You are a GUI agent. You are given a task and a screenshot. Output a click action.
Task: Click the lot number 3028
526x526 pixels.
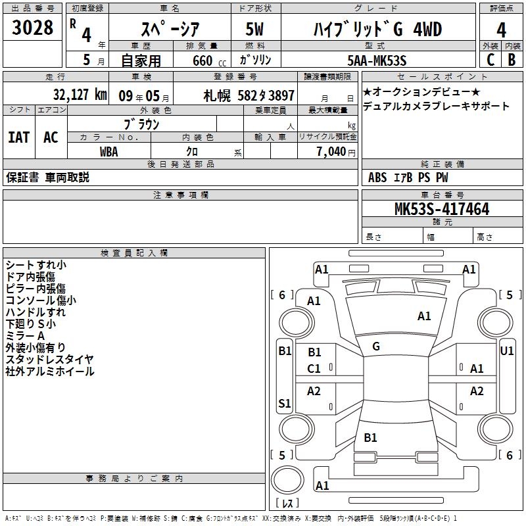click(x=32, y=27)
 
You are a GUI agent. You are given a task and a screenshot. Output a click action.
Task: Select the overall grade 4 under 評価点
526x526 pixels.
click(x=501, y=30)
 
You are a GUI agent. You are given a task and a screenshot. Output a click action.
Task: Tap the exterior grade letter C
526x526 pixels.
click(x=490, y=60)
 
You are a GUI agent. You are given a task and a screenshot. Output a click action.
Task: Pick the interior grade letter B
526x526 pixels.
click(x=512, y=60)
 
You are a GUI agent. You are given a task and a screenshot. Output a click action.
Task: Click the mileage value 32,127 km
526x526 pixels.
click(x=80, y=95)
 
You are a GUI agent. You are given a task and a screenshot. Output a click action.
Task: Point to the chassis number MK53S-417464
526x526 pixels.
click(x=442, y=209)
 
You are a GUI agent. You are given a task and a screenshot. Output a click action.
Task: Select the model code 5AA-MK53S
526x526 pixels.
click(x=377, y=60)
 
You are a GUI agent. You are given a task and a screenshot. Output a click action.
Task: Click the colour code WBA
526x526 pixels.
click(x=109, y=152)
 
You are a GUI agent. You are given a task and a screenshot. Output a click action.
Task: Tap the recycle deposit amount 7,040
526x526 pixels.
click(x=331, y=152)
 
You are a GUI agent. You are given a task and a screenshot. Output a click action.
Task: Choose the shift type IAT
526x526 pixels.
click(x=19, y=137)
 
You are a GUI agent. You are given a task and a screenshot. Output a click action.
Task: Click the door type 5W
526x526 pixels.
click(x=254, y=29)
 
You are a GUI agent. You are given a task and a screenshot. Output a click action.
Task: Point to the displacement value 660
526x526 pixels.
click(x=203, y=60)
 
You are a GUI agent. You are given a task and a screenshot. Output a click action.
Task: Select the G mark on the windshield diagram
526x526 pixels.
click(x=376, y=347)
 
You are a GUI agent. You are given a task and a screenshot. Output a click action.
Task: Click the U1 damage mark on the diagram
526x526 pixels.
click(x=506, y=351)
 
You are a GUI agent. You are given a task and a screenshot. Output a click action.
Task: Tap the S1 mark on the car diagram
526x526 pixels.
click(x=285, y=403)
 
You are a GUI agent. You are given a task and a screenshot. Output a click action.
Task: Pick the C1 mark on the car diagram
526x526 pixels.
click(x=314, y=369)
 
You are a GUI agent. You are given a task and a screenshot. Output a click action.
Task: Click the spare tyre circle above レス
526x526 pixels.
click(x=287, y=480)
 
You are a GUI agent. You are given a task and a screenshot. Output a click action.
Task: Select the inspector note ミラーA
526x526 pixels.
click(x=25, y=336)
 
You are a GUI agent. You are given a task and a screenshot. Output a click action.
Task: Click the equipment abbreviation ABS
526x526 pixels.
click(x=377, y=178)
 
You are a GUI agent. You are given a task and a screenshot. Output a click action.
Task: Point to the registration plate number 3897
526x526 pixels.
click(x=281, y=95)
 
